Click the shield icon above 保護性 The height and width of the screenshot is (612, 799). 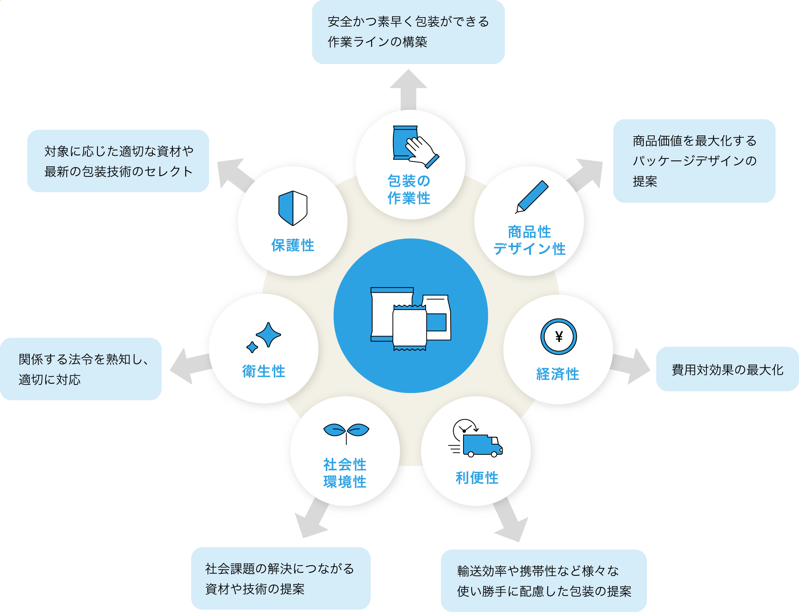point(293,208)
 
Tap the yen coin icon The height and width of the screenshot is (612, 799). point(558,336)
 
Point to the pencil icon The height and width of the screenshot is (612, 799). point(532,197)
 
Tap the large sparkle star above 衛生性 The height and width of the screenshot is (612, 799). point(268,334)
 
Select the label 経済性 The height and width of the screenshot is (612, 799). point(558,374)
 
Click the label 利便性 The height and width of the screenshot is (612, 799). point(477,478)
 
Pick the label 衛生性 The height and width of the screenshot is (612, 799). point(264,371)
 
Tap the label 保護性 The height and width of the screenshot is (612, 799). point(293,246)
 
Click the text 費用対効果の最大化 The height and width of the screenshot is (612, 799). point(727,370)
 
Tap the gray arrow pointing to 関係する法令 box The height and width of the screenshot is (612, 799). point(190,366)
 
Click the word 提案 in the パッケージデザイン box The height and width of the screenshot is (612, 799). point(645,181)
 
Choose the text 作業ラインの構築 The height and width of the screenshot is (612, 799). point(377,42)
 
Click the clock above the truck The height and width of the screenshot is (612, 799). point(464,429)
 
